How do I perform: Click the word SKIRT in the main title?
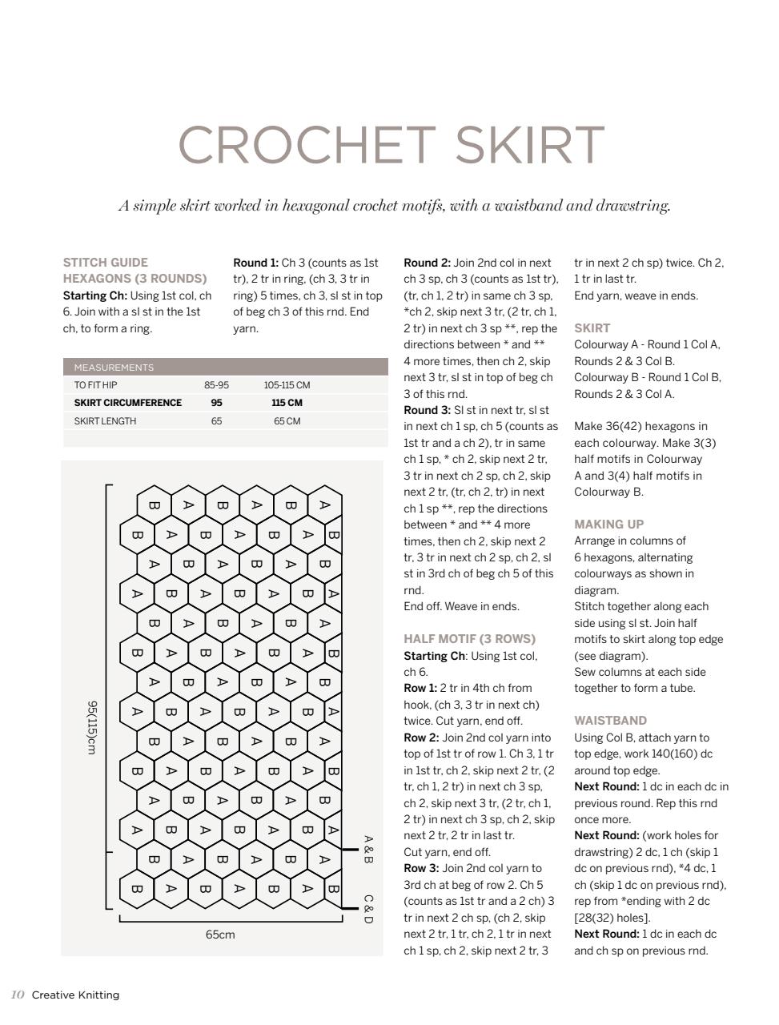point(529,145)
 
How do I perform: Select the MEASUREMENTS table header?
point(114,368)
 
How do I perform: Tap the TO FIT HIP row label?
point(95,385)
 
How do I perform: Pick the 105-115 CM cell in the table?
point(287,385)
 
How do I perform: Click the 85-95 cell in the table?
point(216,385)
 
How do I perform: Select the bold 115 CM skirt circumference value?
point(287,403)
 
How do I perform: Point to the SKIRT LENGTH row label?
point(105,421)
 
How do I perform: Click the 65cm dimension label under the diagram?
point(220,935)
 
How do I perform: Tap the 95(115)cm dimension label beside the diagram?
point(92,727)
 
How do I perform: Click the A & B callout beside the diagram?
point(368,850)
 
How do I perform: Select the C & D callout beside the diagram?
point(368,909)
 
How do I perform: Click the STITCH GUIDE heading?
point(106,263)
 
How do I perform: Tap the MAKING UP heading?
point(608,525)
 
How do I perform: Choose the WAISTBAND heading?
point(610,721)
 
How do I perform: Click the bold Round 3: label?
point(427,410)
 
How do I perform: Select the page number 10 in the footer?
point(18,995)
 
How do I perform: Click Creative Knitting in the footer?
point(75,995)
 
